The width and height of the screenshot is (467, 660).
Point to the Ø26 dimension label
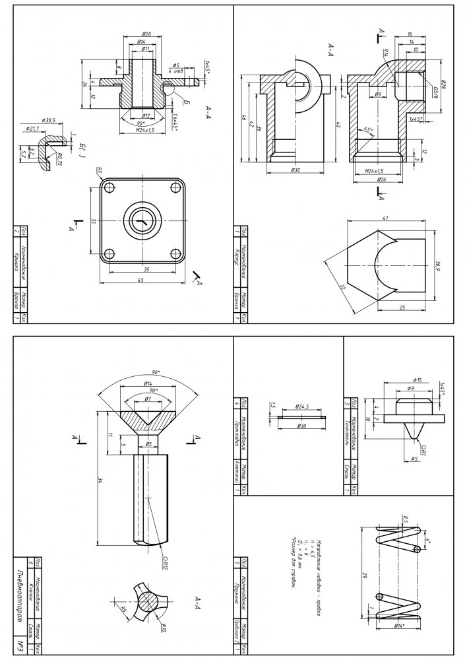tap(381, 178)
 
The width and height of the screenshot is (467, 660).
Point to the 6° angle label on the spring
tap(427, 541)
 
